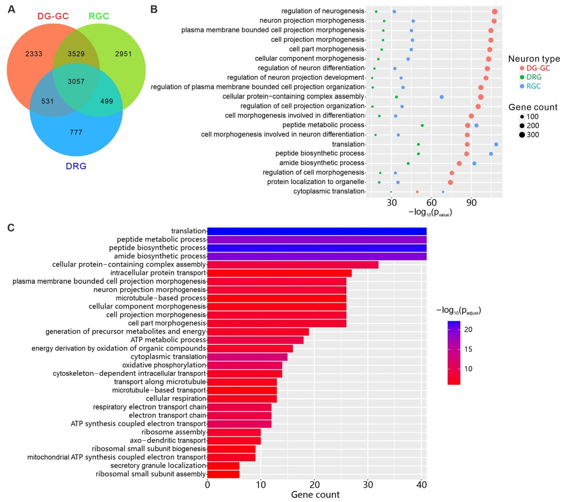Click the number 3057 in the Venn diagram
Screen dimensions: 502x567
76,81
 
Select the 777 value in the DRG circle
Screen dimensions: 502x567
76,132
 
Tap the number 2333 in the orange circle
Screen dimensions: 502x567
34,54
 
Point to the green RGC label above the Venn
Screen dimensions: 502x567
99,16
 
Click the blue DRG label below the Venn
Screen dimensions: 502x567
76,166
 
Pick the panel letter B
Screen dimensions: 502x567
154,10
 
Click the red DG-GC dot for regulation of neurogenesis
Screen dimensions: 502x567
494,12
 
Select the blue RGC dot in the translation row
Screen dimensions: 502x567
496,145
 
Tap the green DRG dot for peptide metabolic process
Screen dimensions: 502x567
422,125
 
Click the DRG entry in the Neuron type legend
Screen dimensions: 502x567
534,77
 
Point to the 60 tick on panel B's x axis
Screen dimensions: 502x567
432,203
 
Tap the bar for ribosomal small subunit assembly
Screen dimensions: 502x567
223,474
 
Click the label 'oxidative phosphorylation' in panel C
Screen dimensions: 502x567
164,365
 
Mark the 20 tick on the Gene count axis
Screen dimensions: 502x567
314,484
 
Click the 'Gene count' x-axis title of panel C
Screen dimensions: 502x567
315,495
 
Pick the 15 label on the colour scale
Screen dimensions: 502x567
468,349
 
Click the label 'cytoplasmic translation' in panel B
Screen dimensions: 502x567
329,191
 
